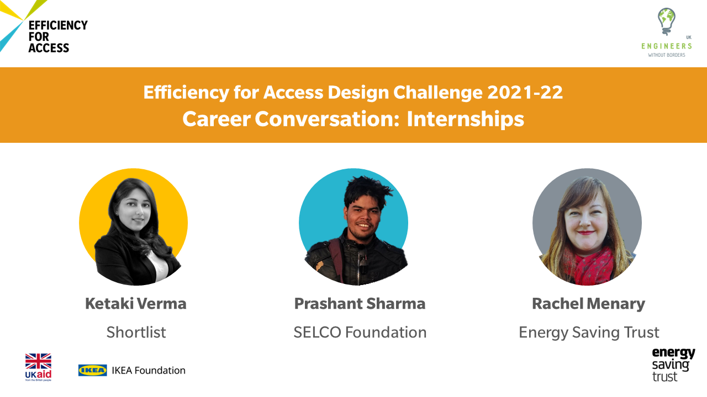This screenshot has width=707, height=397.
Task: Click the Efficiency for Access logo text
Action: pyautogui.click(x=58, y=36)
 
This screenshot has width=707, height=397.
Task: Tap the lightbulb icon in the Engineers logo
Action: pyautogui.click(x=666, y=22)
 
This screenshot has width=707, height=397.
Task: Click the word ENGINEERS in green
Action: pyautogui.click(x=667, y=46)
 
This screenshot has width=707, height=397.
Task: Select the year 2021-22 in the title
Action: pyautogui.click(x=525, y=92)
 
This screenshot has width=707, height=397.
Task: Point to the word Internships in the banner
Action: pyautogui.click(x=465, y=119)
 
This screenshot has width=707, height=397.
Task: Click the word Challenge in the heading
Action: pyautogui.click(x=438, y=93)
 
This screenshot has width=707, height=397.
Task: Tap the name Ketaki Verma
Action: pyautogui.click(x=136, y=303)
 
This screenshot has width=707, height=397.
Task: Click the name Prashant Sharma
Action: pyautogui.click(x=360, y=303)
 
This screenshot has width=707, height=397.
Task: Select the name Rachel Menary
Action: pyautogui.click(x=588, y=304)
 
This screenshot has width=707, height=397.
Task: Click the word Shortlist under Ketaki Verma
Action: pyautogui.click(x=136, y=332)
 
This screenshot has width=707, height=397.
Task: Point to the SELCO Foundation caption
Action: pyautogui.click(x=360, y=332)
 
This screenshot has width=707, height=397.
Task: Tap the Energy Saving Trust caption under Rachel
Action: pyautogui.click(x=589, y=332)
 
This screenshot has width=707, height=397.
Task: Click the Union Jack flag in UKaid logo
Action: pyautogui.click(x=38, y=361)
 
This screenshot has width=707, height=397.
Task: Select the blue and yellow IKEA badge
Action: pyautogui.click(x=92, y=370)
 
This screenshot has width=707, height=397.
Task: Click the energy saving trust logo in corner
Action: pyautogui.click(x=673, y=364)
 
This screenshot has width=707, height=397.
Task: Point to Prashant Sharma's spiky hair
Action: pyautogui.click(x=366, y=191)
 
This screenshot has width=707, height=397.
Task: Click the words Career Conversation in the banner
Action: pyautogui.click(x=291, y=119)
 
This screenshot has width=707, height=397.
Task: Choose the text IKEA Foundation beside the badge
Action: pyautogui.click(x=149, y=370)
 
